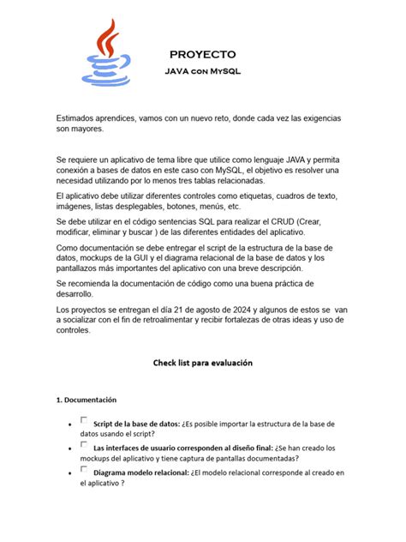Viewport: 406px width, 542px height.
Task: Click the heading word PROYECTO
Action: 202,53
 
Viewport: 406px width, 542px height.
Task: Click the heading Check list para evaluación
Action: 203,363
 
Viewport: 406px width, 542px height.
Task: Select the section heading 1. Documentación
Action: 86,400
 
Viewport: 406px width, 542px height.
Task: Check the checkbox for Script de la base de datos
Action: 83,420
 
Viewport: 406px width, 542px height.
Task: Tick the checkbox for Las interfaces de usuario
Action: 83,444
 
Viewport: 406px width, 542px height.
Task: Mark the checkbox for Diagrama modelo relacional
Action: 83,468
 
